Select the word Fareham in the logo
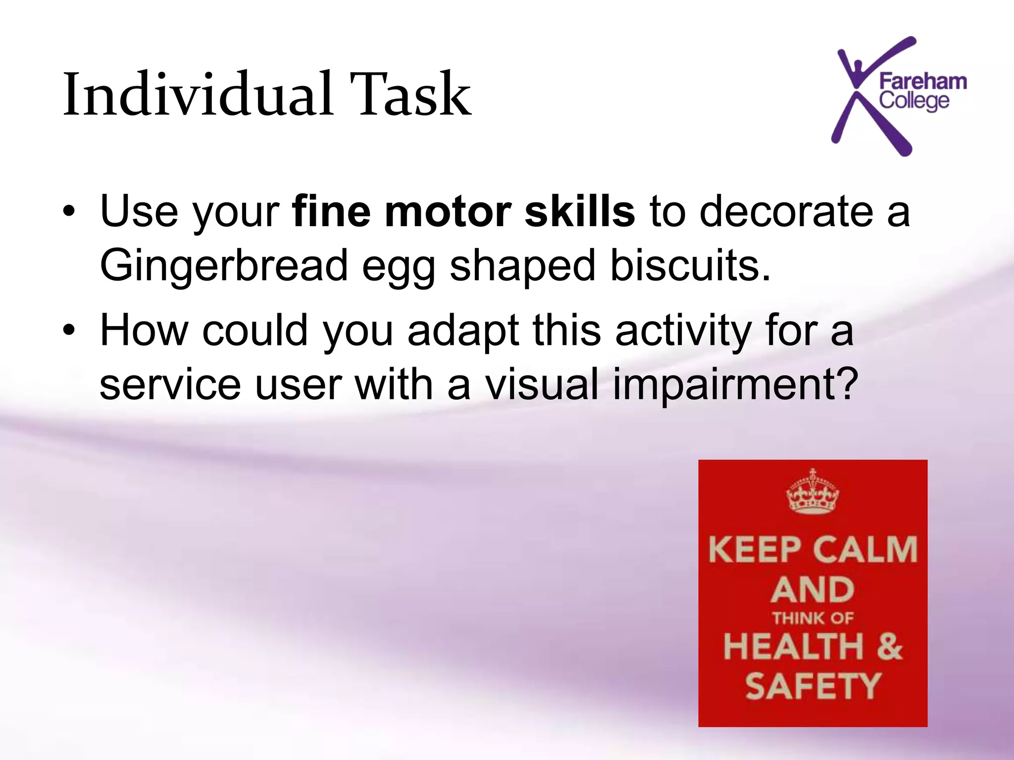pyautogui.click(x=923, y=82)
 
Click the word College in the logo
pyautogui.click(x=914, y=101)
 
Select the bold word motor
pyautogui.click(x=448, y=212)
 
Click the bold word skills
pyautogui.click(x=579, y=212)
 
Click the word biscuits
pyautogui.click(x=690, y=265)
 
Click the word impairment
pyautogui.click(x=735, y=385)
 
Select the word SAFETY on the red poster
pyautogui.click(x=813, y=686)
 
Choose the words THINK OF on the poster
pyautogui.click(x=813, y=618)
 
